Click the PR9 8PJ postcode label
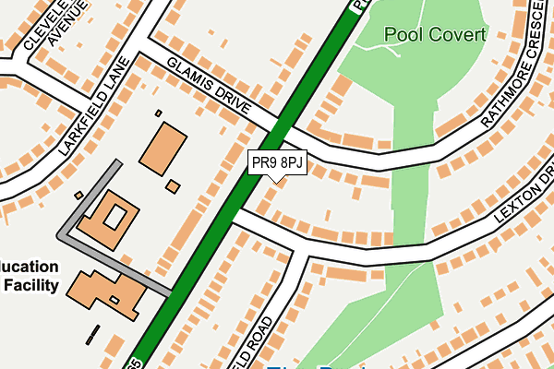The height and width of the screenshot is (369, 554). [277, 163]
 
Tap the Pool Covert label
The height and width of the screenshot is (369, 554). [434, 35]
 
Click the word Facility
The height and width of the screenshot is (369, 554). [31, 285]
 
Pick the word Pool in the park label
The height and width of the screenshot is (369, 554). [403, 35]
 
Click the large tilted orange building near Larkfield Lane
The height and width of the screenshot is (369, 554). [163, 146]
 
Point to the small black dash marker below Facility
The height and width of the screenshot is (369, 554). [91, 333]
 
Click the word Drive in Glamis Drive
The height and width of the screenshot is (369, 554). [232, 100]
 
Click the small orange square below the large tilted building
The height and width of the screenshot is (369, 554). [173, 186]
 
